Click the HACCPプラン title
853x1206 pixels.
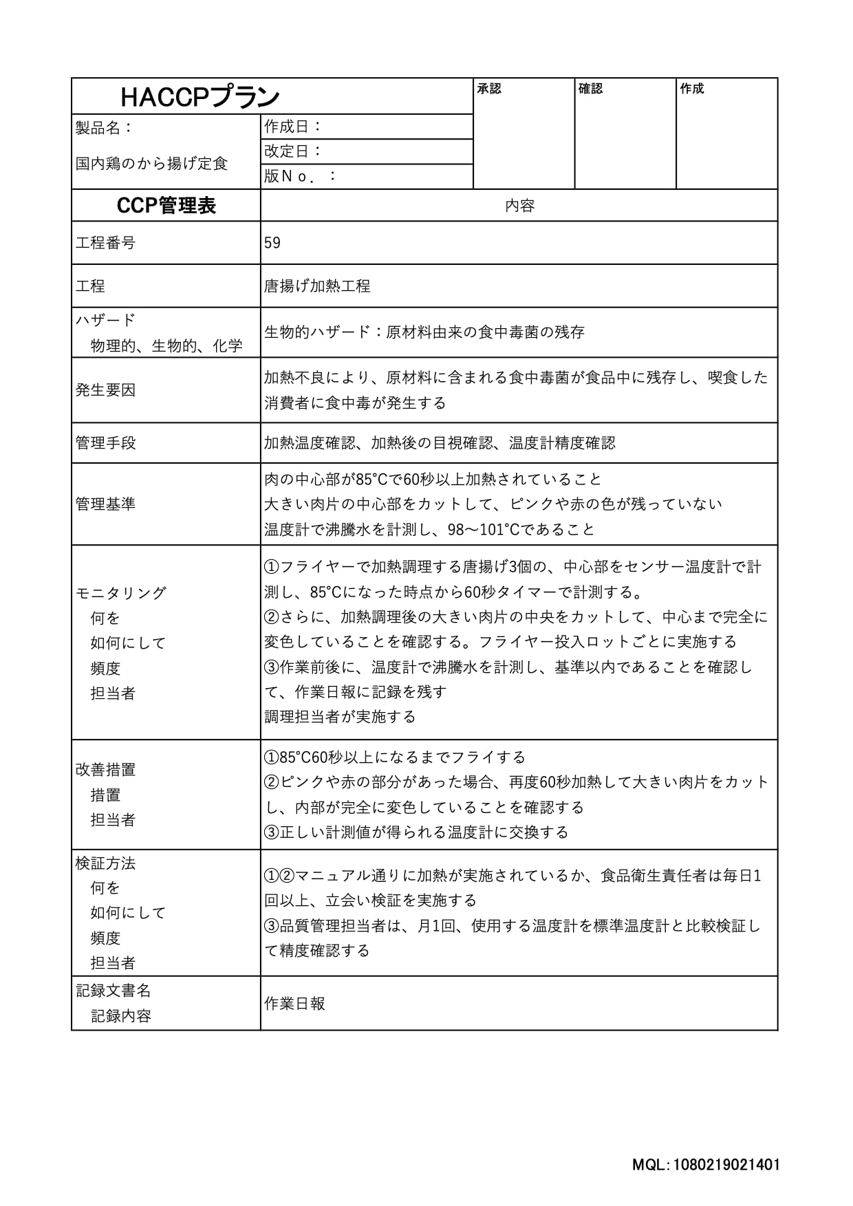click(199, 97)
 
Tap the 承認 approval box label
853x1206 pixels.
click(489, 89)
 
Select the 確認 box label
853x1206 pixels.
click(590, 89)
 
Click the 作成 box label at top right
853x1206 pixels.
click(691, 89)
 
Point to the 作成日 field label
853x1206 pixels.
click(293, 127)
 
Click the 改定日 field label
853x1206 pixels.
click(293, 151)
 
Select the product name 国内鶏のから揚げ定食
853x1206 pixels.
click(151, 164)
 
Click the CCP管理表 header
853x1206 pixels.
click(166, 206)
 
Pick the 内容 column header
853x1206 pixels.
click(519, 206)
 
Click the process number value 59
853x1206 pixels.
click(272, 243)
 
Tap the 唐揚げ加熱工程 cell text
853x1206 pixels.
click(317, 286)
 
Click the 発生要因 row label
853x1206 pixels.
click(105, 390)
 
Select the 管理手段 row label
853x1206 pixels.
click(105, 442)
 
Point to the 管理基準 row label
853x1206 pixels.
click(105, 504)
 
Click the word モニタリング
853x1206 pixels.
click(121, 593)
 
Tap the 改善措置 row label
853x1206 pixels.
click(105, 770)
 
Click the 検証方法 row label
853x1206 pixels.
click(105, 863)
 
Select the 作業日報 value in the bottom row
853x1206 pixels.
click(294, 1004)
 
